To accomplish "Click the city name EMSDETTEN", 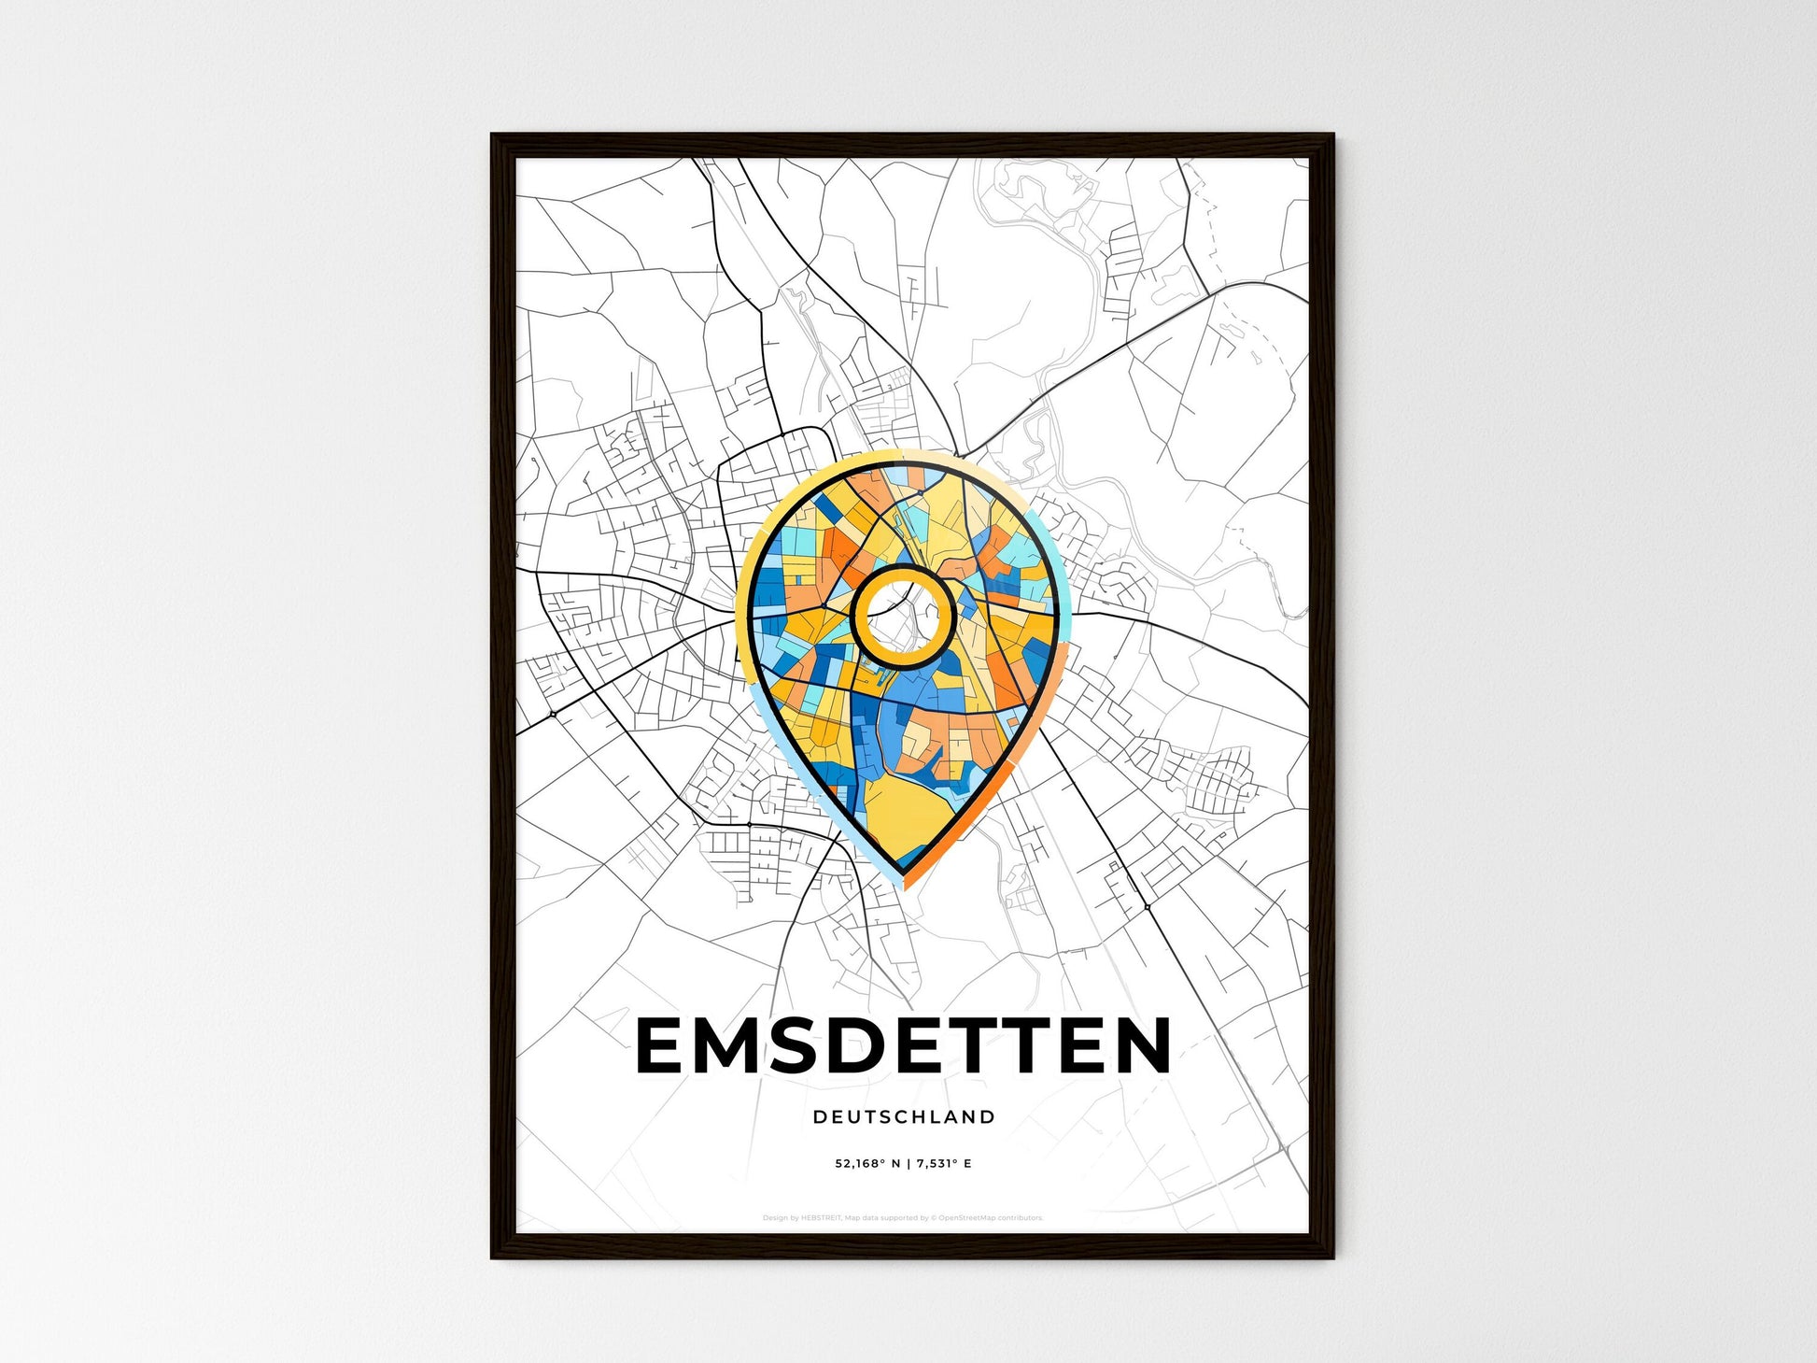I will (x=903, y=1046).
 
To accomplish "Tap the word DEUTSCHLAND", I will (x=904, y=1116).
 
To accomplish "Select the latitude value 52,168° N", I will (x=867, y=1164).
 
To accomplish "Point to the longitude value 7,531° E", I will (x=944, y=1164).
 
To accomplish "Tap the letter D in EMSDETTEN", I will (x=875, y=1046).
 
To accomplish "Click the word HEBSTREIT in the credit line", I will (x=821, y=1218).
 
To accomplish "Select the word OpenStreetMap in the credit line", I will (x=967, y=1218).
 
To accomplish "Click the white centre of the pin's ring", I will (x=901, y=617).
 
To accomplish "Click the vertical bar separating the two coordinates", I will (x=908, y=1164).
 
